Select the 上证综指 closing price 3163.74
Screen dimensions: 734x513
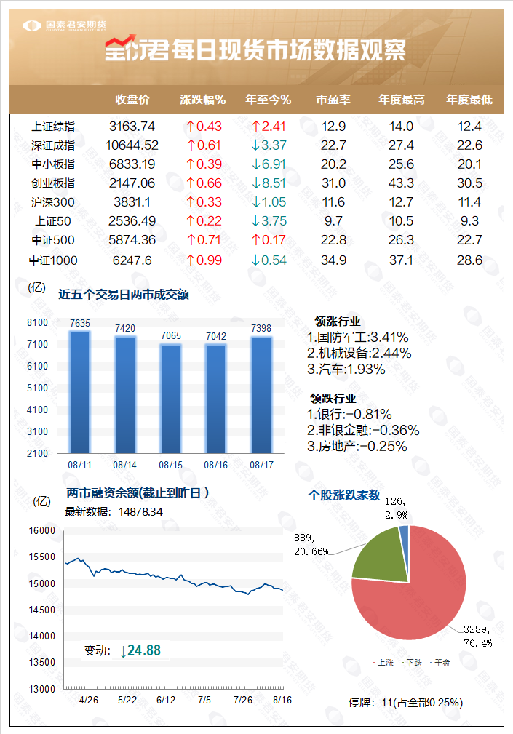point(132,126)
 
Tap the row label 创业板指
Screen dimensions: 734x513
point(53,183)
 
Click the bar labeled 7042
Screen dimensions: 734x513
point(216,397)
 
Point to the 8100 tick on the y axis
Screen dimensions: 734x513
point(38,322)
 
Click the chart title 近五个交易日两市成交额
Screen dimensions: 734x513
point(124,294)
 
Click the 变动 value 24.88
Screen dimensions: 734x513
point(143,650)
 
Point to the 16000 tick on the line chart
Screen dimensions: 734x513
point(42,530)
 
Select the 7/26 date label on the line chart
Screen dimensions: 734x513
point(243,700)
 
